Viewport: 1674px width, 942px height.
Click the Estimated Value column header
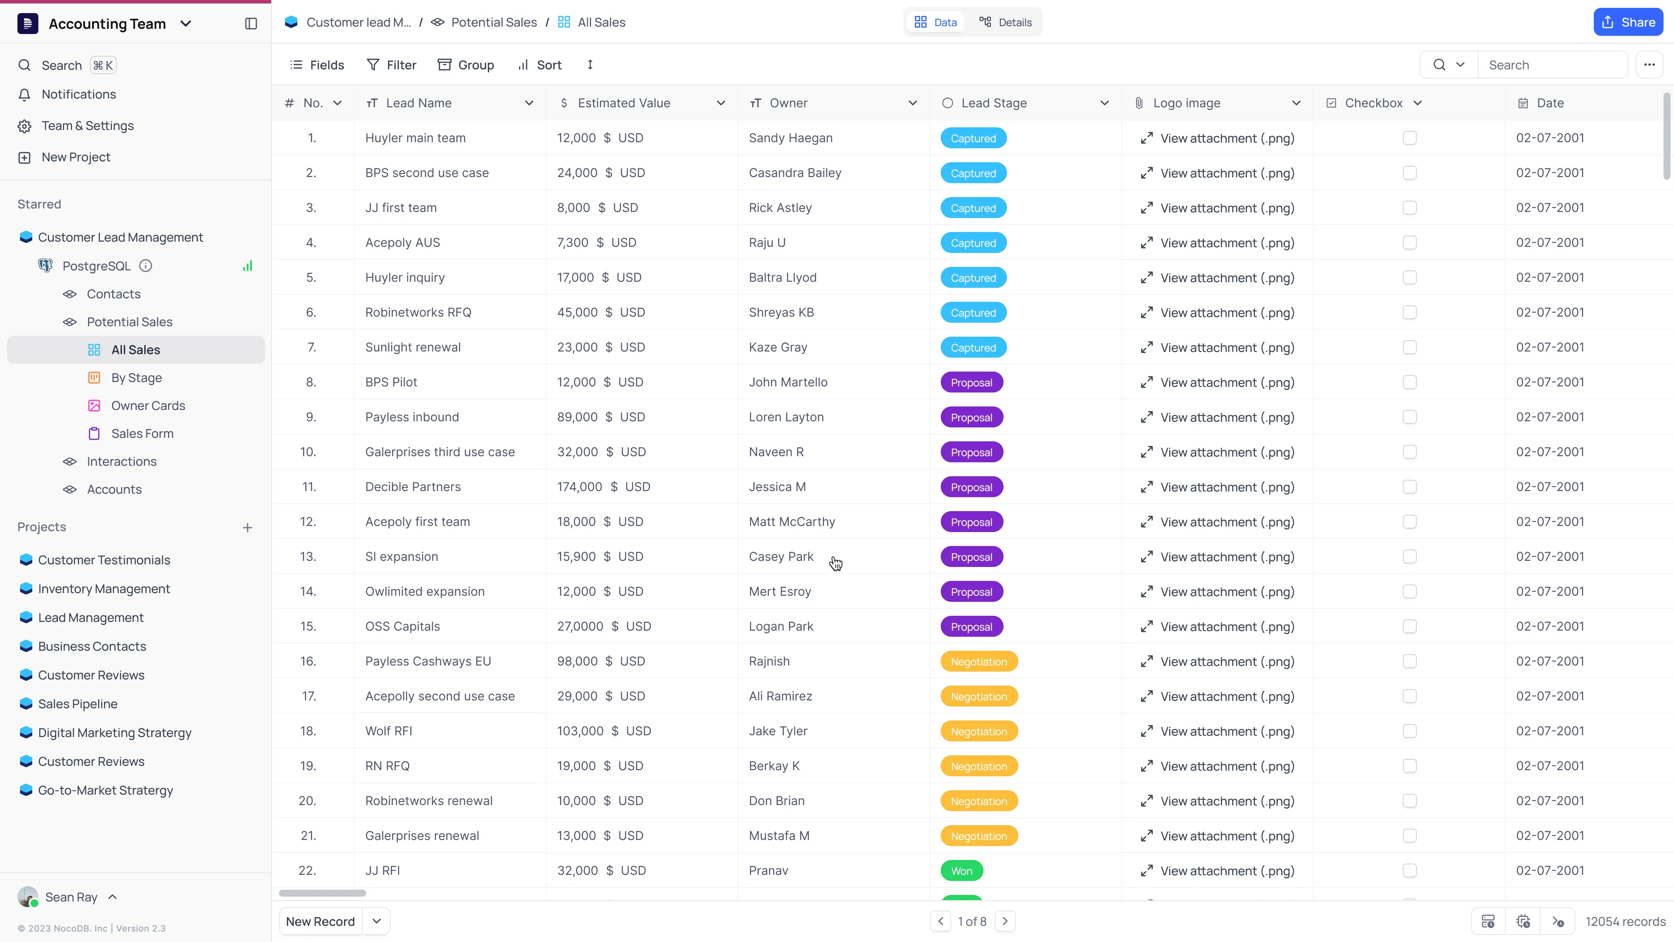[x=623, y=103]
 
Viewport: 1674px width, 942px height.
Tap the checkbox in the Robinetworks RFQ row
[x=1409, y=313]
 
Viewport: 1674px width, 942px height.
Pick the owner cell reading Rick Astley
[x=780, y=208]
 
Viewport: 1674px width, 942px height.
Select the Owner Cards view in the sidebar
[x=148, y=406]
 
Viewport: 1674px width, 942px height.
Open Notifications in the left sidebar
[x=78, y=94]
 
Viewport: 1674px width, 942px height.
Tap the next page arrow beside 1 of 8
[x=1005, y=921]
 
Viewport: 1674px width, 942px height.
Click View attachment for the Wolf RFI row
[x=1226, y=731]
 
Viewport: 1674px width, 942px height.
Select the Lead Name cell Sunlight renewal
[x=413, y=347]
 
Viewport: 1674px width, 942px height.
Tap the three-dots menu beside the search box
[x=1649, y=65]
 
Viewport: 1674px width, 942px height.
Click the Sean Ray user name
[x=71, y=897]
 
